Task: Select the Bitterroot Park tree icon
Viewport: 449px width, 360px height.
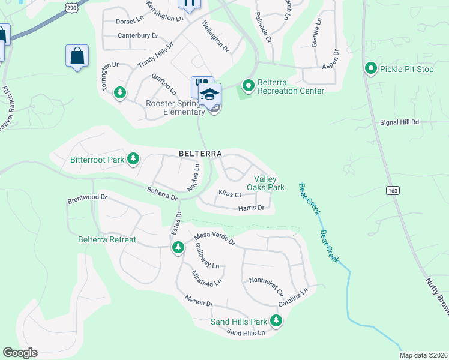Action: click(133, 159)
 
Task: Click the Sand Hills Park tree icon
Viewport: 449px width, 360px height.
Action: click(276, 321)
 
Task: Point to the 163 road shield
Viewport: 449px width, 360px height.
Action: click(393, 190)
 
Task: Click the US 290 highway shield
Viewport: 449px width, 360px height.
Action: click(71, 7)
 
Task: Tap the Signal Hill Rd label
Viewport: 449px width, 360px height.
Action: click(399, 122)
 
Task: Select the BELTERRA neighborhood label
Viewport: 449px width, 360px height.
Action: click(200, 154)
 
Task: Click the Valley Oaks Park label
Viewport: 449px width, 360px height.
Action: click(269, 183)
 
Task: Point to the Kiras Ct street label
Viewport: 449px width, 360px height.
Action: click(229, 194)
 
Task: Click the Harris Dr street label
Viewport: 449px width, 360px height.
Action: click(251, 208)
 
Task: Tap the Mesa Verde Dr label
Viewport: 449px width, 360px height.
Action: click(214, 240)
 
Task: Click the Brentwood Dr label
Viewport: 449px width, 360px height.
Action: click(87, 197)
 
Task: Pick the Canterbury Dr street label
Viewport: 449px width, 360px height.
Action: click(137, 35)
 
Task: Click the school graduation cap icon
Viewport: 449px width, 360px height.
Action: click(209, 94)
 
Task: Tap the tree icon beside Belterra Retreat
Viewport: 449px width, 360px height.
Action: click(178, 247)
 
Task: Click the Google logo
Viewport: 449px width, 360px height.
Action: click(20, 353)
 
